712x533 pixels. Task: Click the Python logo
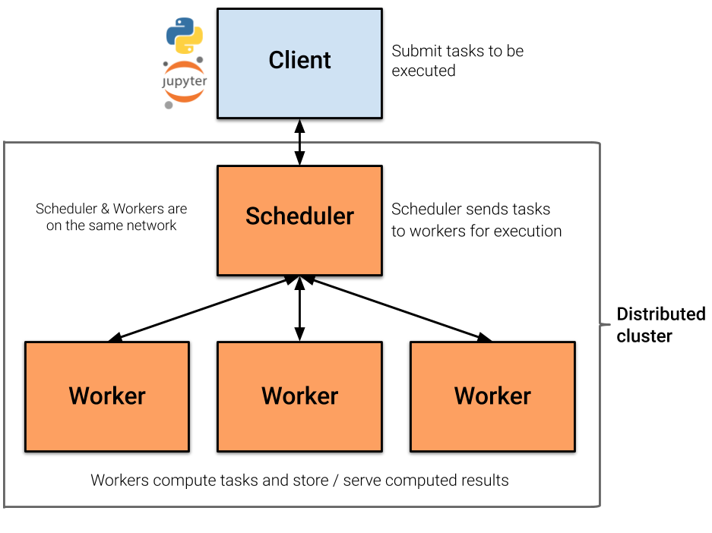point(185,35)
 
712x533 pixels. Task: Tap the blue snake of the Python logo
point(178,29)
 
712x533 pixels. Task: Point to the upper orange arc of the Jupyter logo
point(185,67)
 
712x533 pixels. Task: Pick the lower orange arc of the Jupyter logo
point(185,96)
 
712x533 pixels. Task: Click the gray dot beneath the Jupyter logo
point(169,105)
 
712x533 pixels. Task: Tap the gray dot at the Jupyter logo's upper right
point(200,59)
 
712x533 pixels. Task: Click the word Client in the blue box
point(299,61)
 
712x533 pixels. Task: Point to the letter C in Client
point(277,61)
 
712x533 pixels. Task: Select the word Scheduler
point(299,216)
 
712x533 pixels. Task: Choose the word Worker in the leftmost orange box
point(107,396)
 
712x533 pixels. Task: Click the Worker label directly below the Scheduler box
point(299,396)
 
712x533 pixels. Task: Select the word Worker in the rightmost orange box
point(492,396)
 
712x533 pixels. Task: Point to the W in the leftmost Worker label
point(79,396)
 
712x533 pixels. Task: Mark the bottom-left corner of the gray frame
point(5,506)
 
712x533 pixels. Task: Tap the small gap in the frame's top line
point(300,142)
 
